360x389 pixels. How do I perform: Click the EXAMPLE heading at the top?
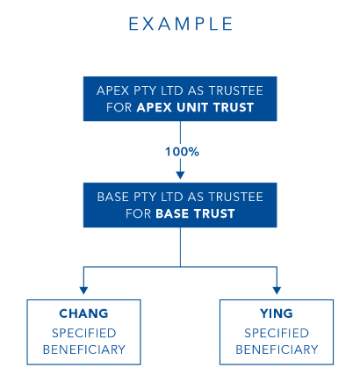coord(181,24)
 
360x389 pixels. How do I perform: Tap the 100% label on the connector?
coord(182,152)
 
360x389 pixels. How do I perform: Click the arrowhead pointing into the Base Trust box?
coord(180,176)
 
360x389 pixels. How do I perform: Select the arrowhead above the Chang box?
coord(83,291)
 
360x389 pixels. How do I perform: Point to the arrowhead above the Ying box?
coord(277,291)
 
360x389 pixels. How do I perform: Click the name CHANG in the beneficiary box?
coord(83,313)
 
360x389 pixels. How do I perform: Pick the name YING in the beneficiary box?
coord(277,313)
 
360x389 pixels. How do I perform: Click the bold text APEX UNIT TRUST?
coord(195,107)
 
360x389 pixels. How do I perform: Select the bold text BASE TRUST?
coord(195,213)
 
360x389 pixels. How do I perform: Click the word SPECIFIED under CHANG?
coord(84,333)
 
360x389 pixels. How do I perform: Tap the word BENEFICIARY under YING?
coord(277,349)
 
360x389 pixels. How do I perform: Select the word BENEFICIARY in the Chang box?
coord(84,349)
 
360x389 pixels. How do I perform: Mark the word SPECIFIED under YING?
coord(277,333)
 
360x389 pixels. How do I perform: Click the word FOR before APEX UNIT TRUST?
coord(119,107)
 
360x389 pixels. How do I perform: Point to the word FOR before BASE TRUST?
coord(139,213)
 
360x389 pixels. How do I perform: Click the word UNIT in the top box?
coord(192,107)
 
